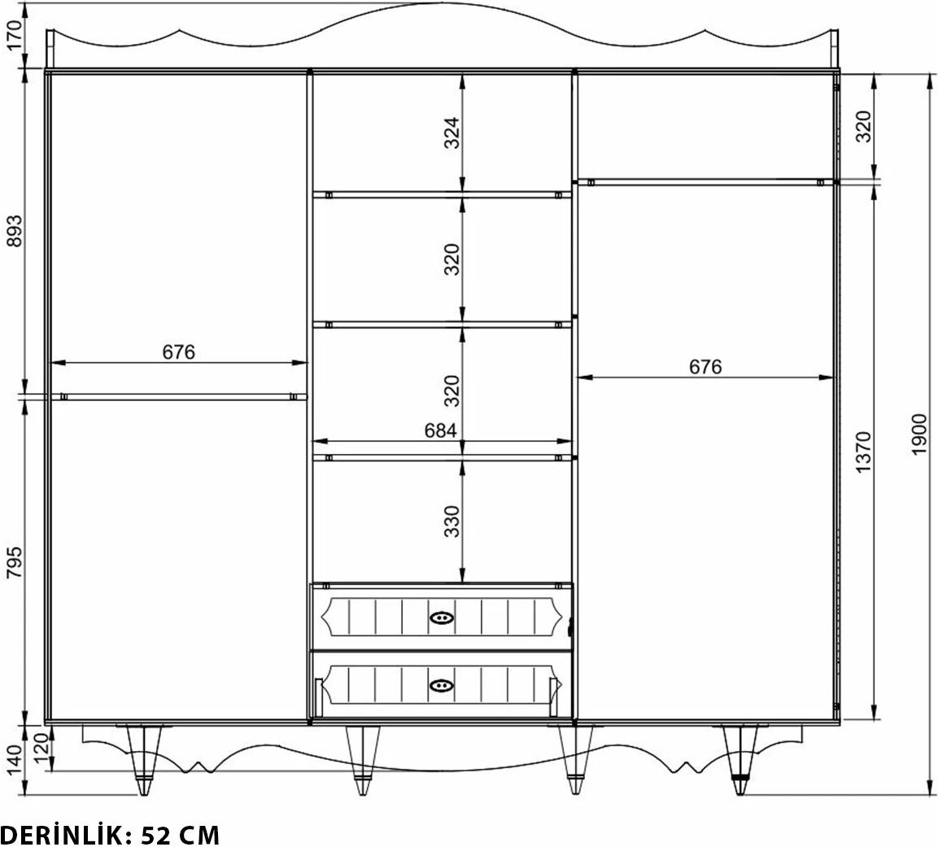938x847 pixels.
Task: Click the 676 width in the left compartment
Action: click(179, 351)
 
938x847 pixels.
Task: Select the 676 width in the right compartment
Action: click(705, 367)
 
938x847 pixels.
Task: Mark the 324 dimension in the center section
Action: click(452, 133)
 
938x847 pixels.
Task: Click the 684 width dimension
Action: click(440, 431)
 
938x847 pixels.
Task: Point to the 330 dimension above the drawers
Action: click(452, 522)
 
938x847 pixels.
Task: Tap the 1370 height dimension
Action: click(863, 453)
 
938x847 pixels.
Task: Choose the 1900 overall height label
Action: click(919, 435)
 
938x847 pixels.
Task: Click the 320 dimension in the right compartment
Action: click(863, 126)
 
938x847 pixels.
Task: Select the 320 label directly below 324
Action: click(452, 260)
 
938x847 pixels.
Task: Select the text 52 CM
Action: click(180, 834)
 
